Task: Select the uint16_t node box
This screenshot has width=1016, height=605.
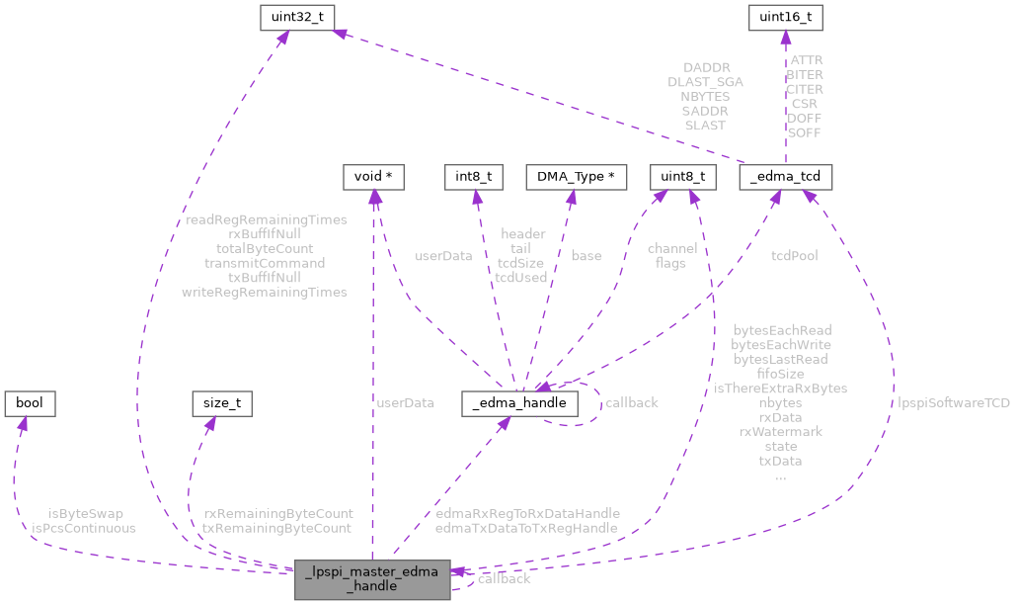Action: coord(786,17)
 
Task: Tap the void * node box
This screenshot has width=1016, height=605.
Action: coord(372,177)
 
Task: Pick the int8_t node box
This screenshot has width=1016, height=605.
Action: coord(474,177)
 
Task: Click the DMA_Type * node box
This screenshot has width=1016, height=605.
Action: coord(577,177)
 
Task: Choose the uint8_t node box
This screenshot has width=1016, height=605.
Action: coord(681,177)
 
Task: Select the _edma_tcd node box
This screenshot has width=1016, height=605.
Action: coord(786,177)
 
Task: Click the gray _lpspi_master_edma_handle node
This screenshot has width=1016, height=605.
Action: coord(372,578)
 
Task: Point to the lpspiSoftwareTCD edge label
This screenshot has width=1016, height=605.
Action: coord(954,402)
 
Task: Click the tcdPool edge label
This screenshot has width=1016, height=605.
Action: coord(794,256)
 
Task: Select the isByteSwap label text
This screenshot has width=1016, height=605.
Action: coord(83,514)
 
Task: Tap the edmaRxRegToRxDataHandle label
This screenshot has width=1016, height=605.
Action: coord(527,514)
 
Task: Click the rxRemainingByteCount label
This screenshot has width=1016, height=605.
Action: coord(277,514)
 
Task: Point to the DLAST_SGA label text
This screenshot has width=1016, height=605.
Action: coord(705,82)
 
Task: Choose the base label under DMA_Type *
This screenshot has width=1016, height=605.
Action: coord(586,256)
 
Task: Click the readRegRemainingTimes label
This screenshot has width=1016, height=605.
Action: coord(267,219)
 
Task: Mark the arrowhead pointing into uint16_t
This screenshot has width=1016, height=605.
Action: coord(786,37)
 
